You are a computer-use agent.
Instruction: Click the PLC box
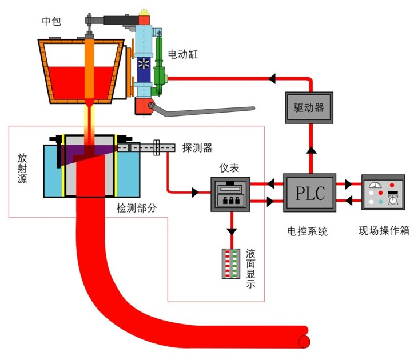(x=309, y=193)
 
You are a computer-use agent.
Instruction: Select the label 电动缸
(x=181, y=55)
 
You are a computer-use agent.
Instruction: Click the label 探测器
(x=197, y=148)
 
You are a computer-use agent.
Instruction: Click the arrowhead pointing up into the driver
(x=309, y=150)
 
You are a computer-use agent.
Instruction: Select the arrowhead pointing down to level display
(x=231, y=231)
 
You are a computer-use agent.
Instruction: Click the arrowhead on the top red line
(x=272, y=77)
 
